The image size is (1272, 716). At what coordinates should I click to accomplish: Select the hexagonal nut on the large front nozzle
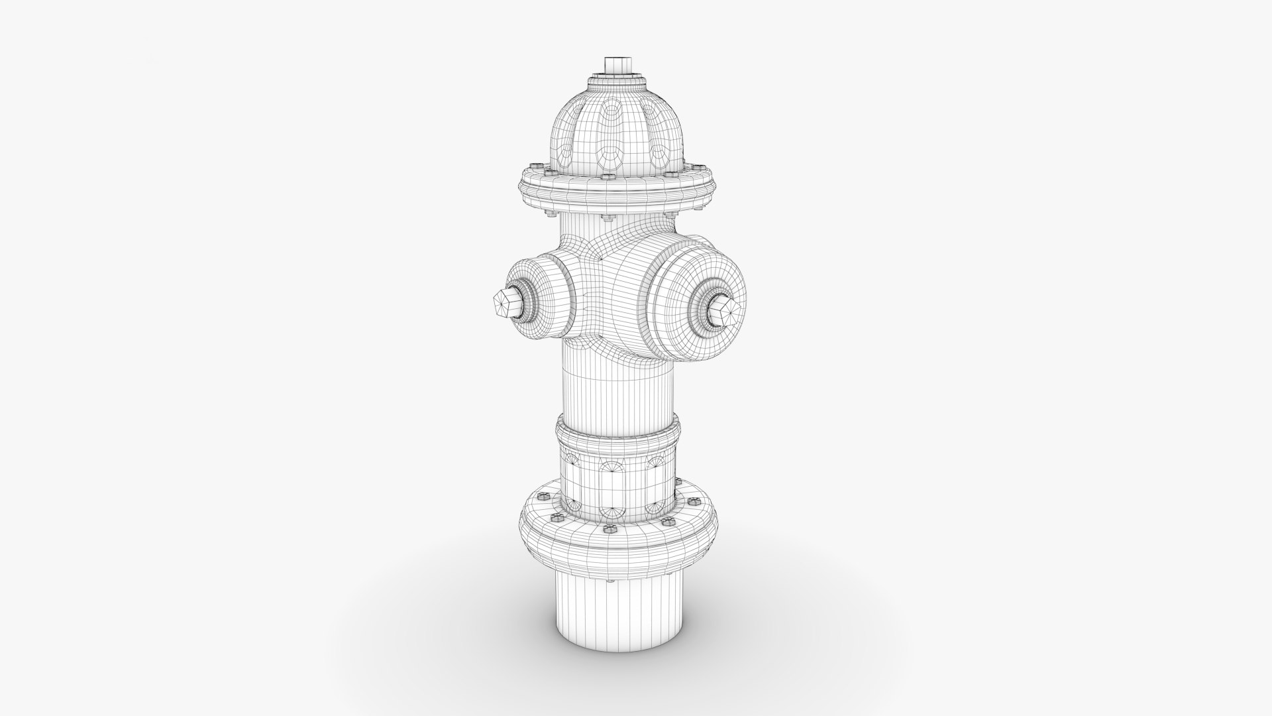point(723,310)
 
